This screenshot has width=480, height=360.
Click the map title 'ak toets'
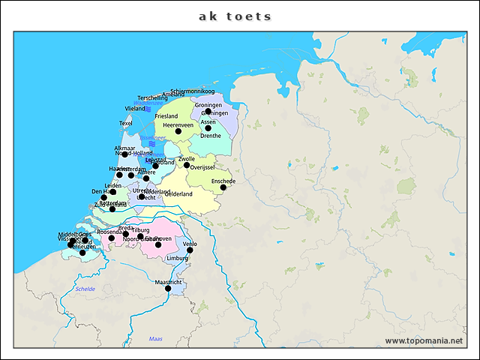pos(235,16)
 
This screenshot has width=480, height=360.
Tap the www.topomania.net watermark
pos(424,340)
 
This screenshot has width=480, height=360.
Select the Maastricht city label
pos(169,282)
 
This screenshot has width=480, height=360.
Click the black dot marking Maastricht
pos(168,289)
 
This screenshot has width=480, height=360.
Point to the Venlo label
pos(190,244)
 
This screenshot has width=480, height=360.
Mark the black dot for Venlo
pos(190,250)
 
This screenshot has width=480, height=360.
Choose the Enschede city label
pos(223,181)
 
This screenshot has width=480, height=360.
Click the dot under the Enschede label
pos(223,187)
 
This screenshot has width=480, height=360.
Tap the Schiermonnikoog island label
pos(193,91)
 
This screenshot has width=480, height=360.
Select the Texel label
pos(126,123)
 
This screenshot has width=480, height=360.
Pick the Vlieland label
pos(135,109)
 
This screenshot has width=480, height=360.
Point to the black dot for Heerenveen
pos(178,131)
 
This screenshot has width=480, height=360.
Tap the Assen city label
pos(208,121)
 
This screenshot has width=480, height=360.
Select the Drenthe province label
pos(211,136)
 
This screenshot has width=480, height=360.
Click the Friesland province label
pos(166,116)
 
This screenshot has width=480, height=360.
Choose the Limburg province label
pos(178,258)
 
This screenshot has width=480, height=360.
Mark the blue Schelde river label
pos(85,289)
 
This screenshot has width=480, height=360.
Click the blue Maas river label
pos(155,339)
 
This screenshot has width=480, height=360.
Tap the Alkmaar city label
pos(124,148)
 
